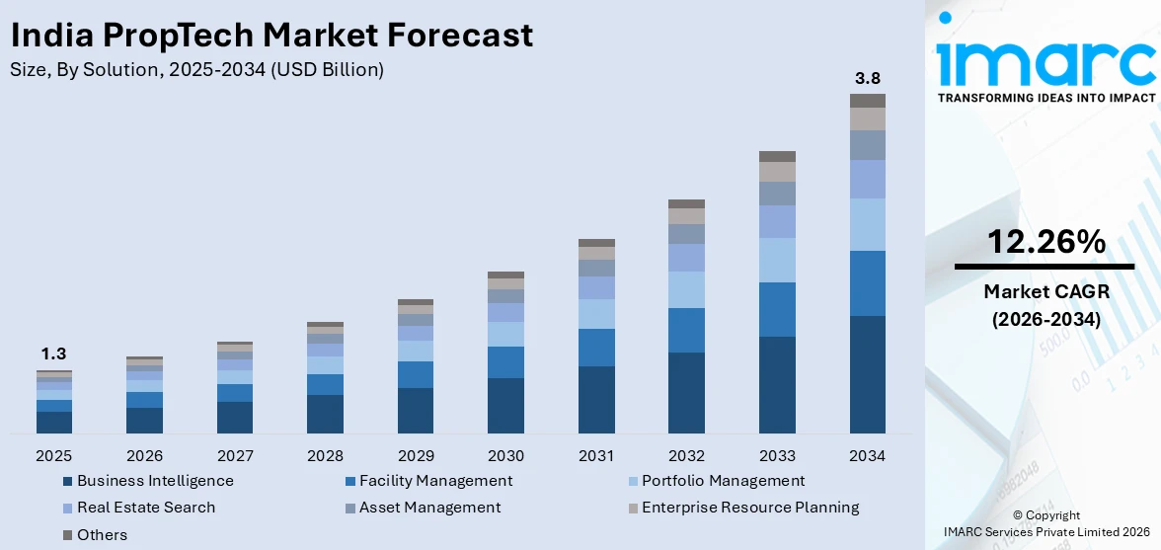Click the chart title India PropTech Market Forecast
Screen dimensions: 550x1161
[271, 35]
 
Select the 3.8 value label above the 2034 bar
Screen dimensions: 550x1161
[867, 78]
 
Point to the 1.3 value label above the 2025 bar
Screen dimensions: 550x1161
[53, 354]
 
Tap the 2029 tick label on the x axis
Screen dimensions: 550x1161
[415, 456]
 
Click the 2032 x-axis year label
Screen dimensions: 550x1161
[686, 456]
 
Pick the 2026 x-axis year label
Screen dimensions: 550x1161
[144, 456]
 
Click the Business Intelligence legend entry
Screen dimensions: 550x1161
[154, 481]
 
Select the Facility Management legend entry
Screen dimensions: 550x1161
[434, 481]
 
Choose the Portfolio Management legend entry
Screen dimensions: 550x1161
[723, 481]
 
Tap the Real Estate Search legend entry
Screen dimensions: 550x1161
[145, 508]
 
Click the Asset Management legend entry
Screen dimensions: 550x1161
[428, 508]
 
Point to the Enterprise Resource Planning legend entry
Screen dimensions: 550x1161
[749, 508]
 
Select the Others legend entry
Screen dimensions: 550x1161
[102, 534]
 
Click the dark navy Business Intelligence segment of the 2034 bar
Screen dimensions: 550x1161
[867, 374]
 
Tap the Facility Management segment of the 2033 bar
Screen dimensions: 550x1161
[777, 309]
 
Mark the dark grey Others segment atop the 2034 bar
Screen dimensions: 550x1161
[867, 101]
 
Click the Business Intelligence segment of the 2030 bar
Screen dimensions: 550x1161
[505, 405]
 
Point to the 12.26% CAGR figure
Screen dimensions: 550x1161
[1045, 241]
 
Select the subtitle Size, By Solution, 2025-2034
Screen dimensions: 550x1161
[196, 69]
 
